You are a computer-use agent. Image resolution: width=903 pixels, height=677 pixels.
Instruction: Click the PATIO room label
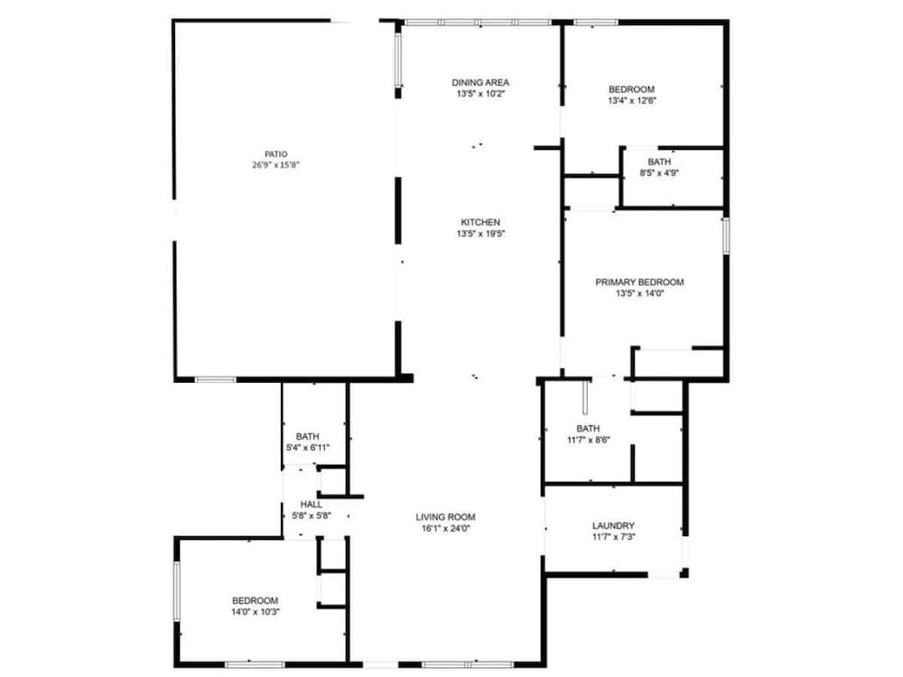[275, 154]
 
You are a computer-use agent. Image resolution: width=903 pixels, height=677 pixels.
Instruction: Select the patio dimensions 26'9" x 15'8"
[275, 165]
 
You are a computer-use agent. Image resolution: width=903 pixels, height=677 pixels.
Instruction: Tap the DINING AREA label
[480, 82]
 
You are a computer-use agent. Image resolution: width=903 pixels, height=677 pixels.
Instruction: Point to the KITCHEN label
[480, 222]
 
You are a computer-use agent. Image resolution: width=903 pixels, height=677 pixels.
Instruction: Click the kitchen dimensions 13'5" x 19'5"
[480, 234]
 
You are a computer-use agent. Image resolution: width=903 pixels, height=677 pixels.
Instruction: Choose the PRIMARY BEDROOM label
[639, 282]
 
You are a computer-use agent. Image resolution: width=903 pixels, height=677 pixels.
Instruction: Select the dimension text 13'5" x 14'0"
[639, 293]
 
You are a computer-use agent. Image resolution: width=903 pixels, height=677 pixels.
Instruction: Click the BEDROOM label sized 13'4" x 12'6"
[631, 88]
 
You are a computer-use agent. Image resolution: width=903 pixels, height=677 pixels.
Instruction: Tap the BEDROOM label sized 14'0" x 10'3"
[255, 600]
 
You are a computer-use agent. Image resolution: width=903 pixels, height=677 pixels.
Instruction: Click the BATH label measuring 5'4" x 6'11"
[307, 436]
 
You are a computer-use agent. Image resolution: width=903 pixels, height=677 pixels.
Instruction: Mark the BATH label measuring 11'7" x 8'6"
[588, 429]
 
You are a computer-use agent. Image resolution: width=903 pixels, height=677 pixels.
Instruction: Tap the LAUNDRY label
[613, 525]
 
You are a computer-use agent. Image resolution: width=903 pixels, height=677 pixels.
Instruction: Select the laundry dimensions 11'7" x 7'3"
[613, 537]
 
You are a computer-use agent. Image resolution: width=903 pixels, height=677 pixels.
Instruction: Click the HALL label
[312, 504]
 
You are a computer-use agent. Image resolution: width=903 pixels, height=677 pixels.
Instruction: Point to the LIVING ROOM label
[445, 517]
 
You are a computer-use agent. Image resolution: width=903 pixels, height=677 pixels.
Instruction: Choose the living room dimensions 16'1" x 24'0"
[445, 529]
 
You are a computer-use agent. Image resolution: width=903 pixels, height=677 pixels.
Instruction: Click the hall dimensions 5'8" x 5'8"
[312, 515]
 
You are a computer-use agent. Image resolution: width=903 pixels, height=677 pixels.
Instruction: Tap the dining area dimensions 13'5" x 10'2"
[480, 94]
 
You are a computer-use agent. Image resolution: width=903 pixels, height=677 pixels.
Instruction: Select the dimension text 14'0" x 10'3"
[255, 612]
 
